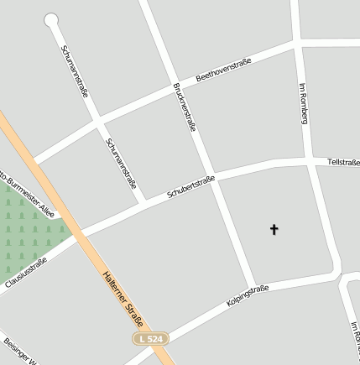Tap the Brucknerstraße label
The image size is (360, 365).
(184, 107)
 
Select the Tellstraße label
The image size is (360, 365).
(342, 161)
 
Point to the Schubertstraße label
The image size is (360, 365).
(190, 186)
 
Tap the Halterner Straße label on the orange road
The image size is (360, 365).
(123, 299)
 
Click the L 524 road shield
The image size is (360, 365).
(152, 338)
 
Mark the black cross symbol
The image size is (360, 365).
(273, 228)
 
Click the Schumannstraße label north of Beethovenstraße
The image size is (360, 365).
(75, 70)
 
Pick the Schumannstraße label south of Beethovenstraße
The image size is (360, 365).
(121, 163)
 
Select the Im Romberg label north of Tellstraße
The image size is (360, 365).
(304, 103)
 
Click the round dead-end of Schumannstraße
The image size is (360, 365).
(51, 19)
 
